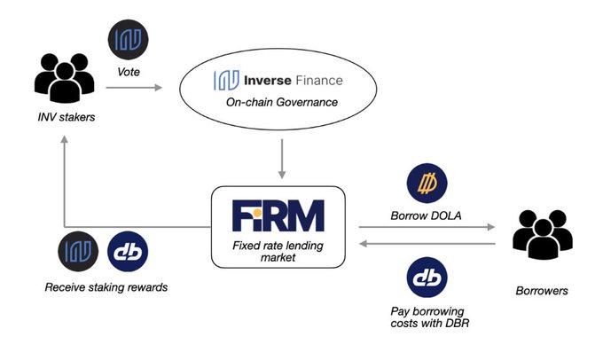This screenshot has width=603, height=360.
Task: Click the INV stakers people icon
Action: coord(64,78)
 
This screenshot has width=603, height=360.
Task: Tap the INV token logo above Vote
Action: coord(128,40)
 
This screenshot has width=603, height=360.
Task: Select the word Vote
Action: coord(129,72)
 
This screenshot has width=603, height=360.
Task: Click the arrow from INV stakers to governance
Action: coord(134,88)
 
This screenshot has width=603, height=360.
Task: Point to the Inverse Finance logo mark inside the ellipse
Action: coord(226,80)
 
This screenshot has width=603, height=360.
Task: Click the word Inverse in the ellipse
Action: coord(268,81)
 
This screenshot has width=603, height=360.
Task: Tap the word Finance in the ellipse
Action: coord(319,81)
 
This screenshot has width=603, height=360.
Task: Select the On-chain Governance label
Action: coord(282,102)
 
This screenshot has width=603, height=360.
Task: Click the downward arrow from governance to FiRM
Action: coord(282,159)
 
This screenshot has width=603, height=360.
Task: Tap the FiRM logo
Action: coord(278,215)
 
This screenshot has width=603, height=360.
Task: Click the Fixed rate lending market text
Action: coord(278,251)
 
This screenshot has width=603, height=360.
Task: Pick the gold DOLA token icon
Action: coord(427,184)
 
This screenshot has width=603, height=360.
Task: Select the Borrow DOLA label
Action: coord(426,215)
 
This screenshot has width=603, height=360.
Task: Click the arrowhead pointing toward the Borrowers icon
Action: coord(491,227)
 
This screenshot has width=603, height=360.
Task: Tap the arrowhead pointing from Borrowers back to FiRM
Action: coord(364,244)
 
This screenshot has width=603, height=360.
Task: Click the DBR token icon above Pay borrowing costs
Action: coord(427,278)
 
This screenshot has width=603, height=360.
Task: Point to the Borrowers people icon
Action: coord(542,234)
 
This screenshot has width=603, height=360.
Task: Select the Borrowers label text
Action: coord(542,291)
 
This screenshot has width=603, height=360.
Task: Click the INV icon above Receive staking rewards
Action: coord(78,252)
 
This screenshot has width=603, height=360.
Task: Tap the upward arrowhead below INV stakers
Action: coord(64,139)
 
